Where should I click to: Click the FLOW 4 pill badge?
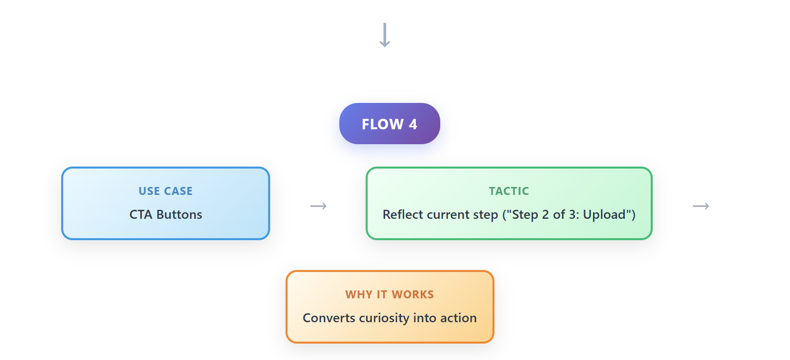[390, 123]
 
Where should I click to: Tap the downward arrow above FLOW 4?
[385, 35]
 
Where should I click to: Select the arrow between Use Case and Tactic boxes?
[318, 206]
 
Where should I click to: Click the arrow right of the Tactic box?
[701, 206]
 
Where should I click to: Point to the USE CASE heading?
[165, 191]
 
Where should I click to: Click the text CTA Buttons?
[165, 214]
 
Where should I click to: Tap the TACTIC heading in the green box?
[509, 191]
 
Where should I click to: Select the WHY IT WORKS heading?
[390, 294]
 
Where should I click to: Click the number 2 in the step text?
[546, 215]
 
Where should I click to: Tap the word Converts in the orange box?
[329, 318]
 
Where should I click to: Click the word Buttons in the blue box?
[179, 214]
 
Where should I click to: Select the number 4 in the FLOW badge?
[413, 124]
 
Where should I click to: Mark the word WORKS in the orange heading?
[412, 294]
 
